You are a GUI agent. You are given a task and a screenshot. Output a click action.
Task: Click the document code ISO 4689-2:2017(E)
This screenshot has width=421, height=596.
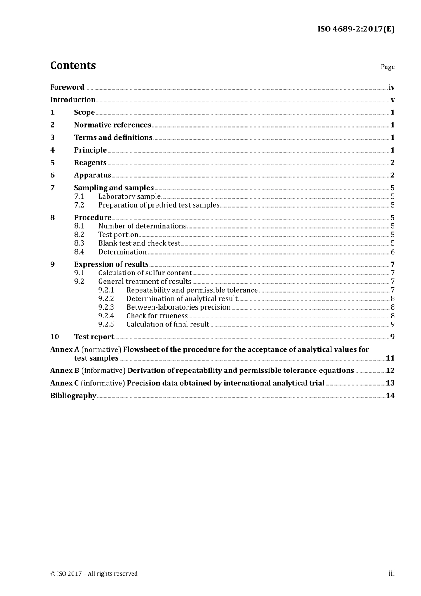coord(355,29)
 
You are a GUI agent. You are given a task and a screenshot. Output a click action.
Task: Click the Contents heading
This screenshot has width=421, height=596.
coord(73,65)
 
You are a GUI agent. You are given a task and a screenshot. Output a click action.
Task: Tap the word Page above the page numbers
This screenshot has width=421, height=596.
coord(387,67)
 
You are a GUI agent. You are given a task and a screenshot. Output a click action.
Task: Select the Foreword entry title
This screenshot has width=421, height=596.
coord(67,87)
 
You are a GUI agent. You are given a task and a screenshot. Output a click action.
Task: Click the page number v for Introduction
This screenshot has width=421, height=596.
coord(392,100)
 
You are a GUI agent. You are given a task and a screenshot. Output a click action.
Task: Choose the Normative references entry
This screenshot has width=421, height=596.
coord(113,125)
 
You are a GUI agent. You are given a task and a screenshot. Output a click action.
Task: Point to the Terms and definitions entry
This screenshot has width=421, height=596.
coord(113,137)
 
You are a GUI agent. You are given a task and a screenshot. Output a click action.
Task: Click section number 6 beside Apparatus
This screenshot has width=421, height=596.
coord(52,175)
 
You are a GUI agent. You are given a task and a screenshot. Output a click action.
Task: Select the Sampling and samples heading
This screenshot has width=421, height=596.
coord(114,188)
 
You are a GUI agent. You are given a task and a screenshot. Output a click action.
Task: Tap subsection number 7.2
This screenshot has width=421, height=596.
coord(79,205)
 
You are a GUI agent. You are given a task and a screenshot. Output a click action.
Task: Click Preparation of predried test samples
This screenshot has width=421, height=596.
coord(159,205)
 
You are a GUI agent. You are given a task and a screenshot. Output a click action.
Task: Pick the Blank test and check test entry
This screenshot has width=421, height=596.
coord(139,243)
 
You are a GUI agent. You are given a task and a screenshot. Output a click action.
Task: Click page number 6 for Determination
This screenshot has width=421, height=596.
coord(392,252)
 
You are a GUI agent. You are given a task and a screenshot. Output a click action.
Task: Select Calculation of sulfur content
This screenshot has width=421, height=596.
coord(145,273)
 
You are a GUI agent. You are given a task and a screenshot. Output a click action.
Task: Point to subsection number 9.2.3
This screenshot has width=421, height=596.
coord(106,307)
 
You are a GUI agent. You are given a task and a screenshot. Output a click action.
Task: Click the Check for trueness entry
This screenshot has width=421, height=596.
coord(157,316)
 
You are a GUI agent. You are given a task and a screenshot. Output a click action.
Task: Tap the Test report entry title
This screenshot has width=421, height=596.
coord(94,337)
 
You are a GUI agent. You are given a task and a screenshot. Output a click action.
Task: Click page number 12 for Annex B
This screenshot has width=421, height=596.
coord(390,371)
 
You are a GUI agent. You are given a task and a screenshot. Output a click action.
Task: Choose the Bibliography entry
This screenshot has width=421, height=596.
coord(73,396)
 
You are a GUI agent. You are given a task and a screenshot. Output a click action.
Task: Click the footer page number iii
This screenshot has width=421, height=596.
coord(391,573)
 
